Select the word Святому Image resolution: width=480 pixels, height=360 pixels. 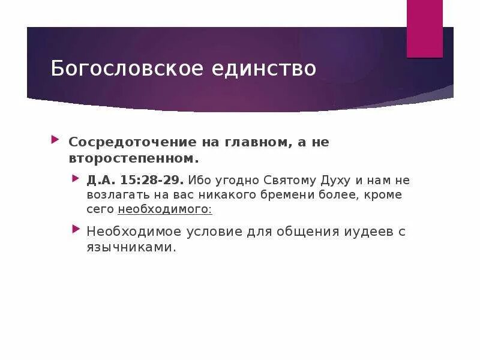tap(290, 180)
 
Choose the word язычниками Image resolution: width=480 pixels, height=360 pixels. tap(131, 247)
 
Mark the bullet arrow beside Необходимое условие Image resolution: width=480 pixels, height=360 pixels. tap(76, 230)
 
